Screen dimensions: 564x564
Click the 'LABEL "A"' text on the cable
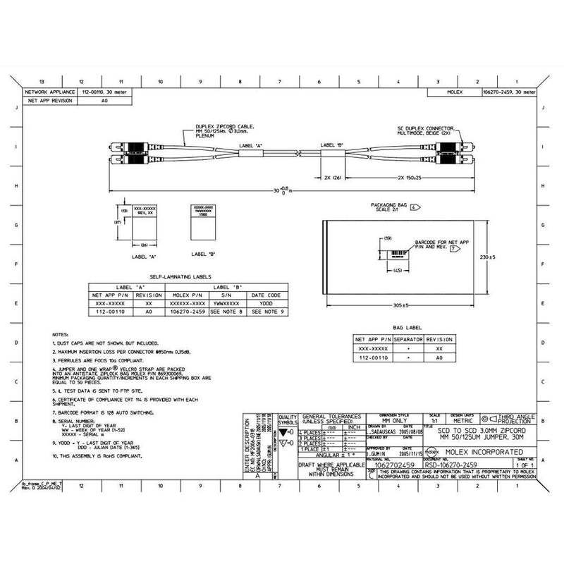point(251,145)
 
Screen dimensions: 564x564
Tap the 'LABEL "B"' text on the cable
point(331,145)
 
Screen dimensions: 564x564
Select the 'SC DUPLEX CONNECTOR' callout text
point(421,128)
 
